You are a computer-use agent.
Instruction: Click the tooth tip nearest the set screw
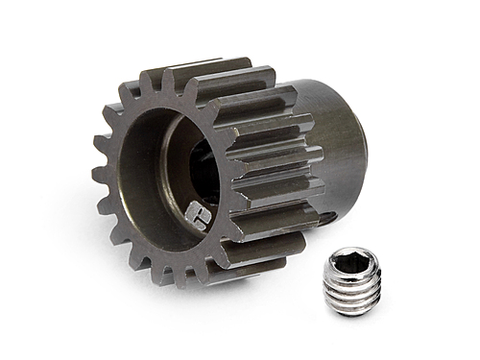288,235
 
